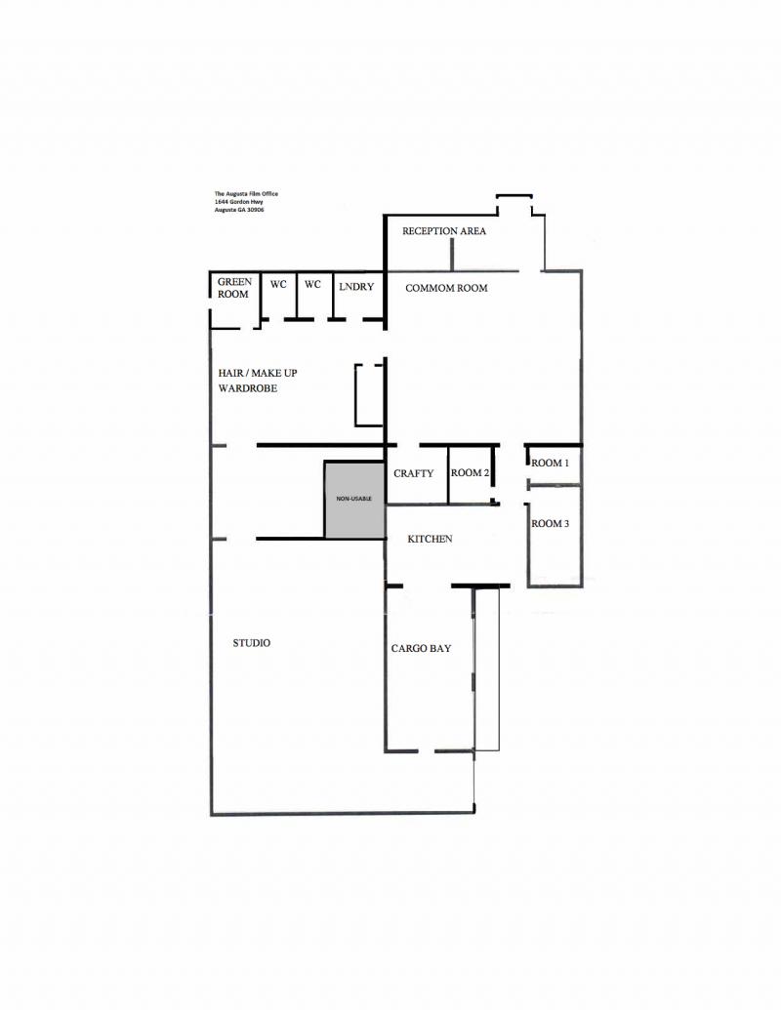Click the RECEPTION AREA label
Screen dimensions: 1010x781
tap(444, 231)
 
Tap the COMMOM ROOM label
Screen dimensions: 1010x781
tap(446, 288)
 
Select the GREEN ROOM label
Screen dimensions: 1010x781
tap(234, 288)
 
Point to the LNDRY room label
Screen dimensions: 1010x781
tap(356, 286)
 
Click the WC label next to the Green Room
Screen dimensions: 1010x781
tap(278, 285)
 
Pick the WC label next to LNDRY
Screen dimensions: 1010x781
tap(312, 285)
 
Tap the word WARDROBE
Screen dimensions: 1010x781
tap(249, 388)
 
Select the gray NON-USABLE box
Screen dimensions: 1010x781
tap(354, 499)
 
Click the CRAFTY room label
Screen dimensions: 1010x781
tap(413, 473)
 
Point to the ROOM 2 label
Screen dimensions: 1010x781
tap(470, 473)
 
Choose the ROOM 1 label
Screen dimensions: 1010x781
tap(550, 463)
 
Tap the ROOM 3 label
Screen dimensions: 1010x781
tap(550, 524)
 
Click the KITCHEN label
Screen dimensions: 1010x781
tap(430, 539)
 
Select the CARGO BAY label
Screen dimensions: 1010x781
tap(421, 648)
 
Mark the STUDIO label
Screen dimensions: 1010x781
tap(251, 643)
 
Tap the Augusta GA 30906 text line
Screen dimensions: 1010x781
tap(239, 210)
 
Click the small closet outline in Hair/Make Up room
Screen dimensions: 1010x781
tap(369, 395)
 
